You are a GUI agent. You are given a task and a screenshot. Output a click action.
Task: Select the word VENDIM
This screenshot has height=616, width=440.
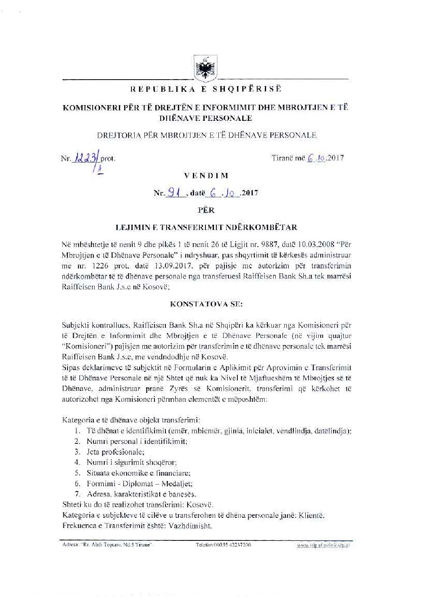tap(206, 175)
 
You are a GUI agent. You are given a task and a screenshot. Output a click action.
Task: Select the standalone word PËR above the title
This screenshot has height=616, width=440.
tap(206, 210)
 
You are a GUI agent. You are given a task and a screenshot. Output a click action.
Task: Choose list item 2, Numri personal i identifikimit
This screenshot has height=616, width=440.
tap(137, 441)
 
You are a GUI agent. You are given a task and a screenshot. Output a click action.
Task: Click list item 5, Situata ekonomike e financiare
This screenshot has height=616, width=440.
tap(138, 473)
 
